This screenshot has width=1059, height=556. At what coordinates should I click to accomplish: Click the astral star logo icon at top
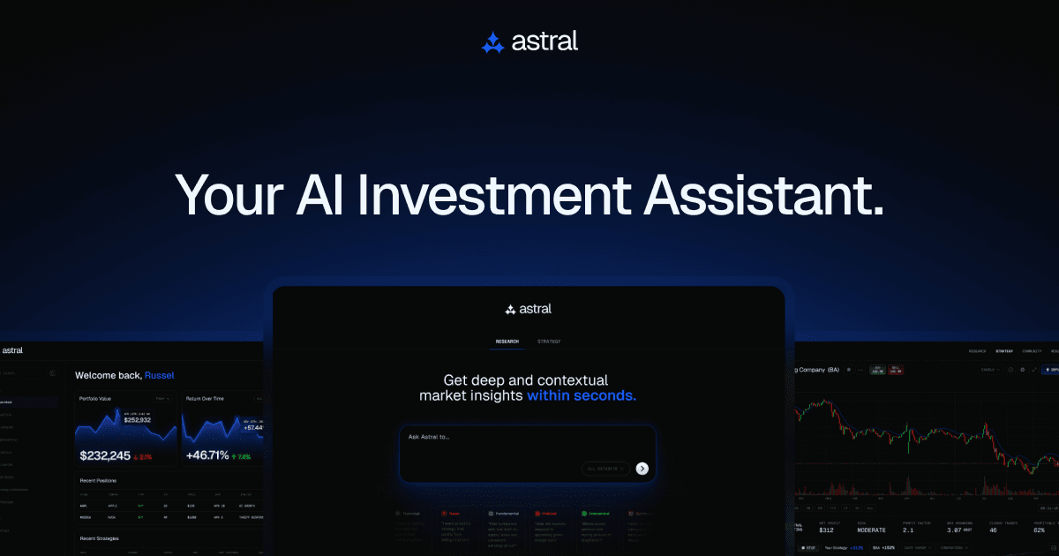coord(492,41)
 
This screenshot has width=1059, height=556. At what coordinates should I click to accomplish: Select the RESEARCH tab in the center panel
coord(507,342)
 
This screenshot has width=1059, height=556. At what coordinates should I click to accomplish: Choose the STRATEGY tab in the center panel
coord(549,342)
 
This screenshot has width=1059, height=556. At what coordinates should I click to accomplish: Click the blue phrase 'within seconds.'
coord(582,395)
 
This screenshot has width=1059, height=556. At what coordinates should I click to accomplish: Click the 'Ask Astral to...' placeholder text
coord(430,437)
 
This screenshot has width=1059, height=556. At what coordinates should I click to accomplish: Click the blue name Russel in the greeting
coord(160,375)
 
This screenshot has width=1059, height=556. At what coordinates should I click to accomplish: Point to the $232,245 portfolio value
coord(105,455)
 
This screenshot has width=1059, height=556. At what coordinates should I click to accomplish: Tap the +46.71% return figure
coord(207,455)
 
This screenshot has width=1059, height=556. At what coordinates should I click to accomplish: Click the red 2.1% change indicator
coord(144,457)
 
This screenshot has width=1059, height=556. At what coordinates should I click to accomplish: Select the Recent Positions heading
coord(98,481)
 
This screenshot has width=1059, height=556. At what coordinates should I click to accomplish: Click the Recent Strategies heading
coord(100,537)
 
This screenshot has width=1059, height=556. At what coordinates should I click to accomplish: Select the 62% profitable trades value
coord(1044,530)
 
